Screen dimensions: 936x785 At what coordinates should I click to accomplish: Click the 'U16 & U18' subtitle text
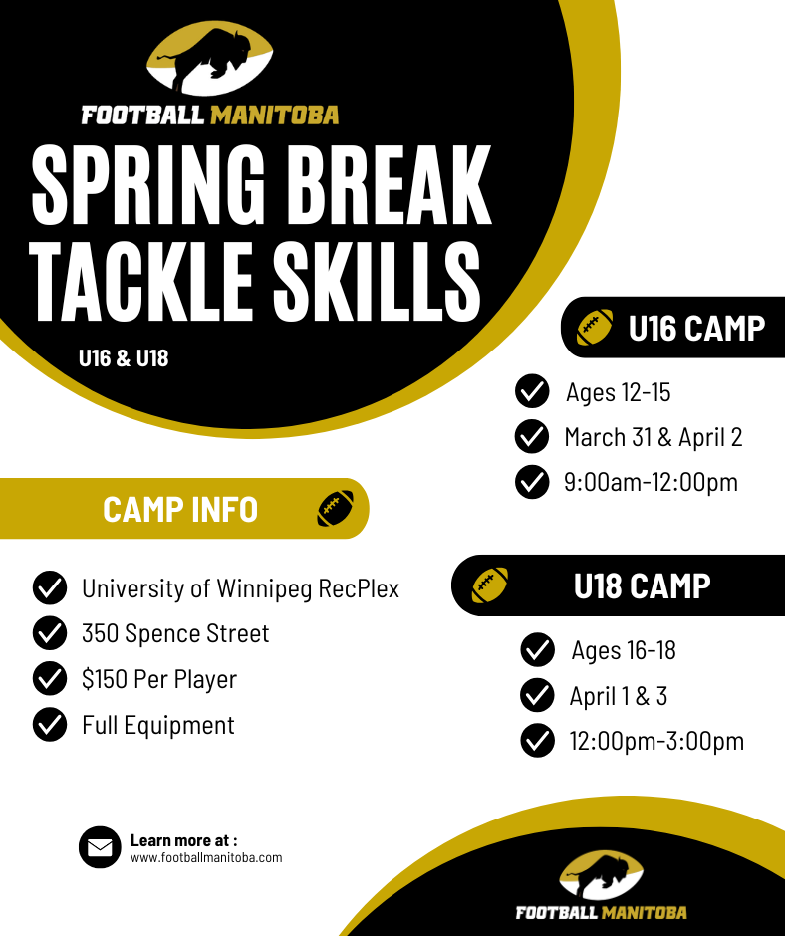(x=124, y=358)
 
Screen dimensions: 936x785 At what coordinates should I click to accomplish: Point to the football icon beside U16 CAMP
(x=595, y=327)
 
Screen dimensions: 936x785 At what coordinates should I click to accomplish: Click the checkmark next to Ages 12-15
(x=532, y=391)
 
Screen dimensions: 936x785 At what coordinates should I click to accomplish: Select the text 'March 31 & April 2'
(x=653, y=437)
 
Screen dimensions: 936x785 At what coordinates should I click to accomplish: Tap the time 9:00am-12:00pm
(x=651, y=482)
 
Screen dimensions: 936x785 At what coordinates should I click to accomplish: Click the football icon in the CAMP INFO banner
(x=336, y=509)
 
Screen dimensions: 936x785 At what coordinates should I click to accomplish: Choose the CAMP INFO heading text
(x=180, y=510)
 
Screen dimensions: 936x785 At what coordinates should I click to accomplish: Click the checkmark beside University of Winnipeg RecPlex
(x=49, y=588)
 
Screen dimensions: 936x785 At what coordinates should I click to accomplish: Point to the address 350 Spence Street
(x=175, y=633)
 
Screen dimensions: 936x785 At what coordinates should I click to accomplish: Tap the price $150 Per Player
(x=159, y=679)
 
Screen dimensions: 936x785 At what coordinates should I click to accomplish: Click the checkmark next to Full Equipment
(x=49, y=725)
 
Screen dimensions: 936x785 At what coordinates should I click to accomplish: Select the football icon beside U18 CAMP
(x=489, y=585)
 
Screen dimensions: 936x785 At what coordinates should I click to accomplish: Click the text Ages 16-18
(x=624, y=651)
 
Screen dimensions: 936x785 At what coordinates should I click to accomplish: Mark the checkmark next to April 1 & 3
(x=537, y=695)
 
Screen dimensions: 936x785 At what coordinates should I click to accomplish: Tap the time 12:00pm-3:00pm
(x=656, y=741)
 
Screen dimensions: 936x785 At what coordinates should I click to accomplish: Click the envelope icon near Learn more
(x=100, y=847)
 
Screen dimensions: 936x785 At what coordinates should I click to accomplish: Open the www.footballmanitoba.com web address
(x=206, y=857)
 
